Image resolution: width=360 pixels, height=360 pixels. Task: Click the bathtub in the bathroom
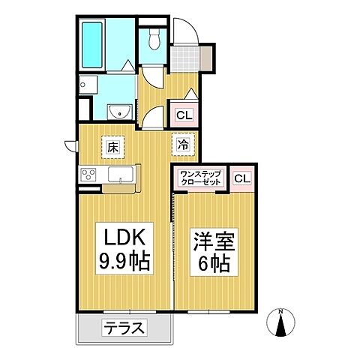(x=94, y=45)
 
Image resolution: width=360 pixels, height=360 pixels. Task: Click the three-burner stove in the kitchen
(x=88, y=175)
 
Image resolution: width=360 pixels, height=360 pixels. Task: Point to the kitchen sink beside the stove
(x=119, y=175)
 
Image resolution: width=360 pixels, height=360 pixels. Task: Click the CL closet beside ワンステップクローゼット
(x=241, y=178)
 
